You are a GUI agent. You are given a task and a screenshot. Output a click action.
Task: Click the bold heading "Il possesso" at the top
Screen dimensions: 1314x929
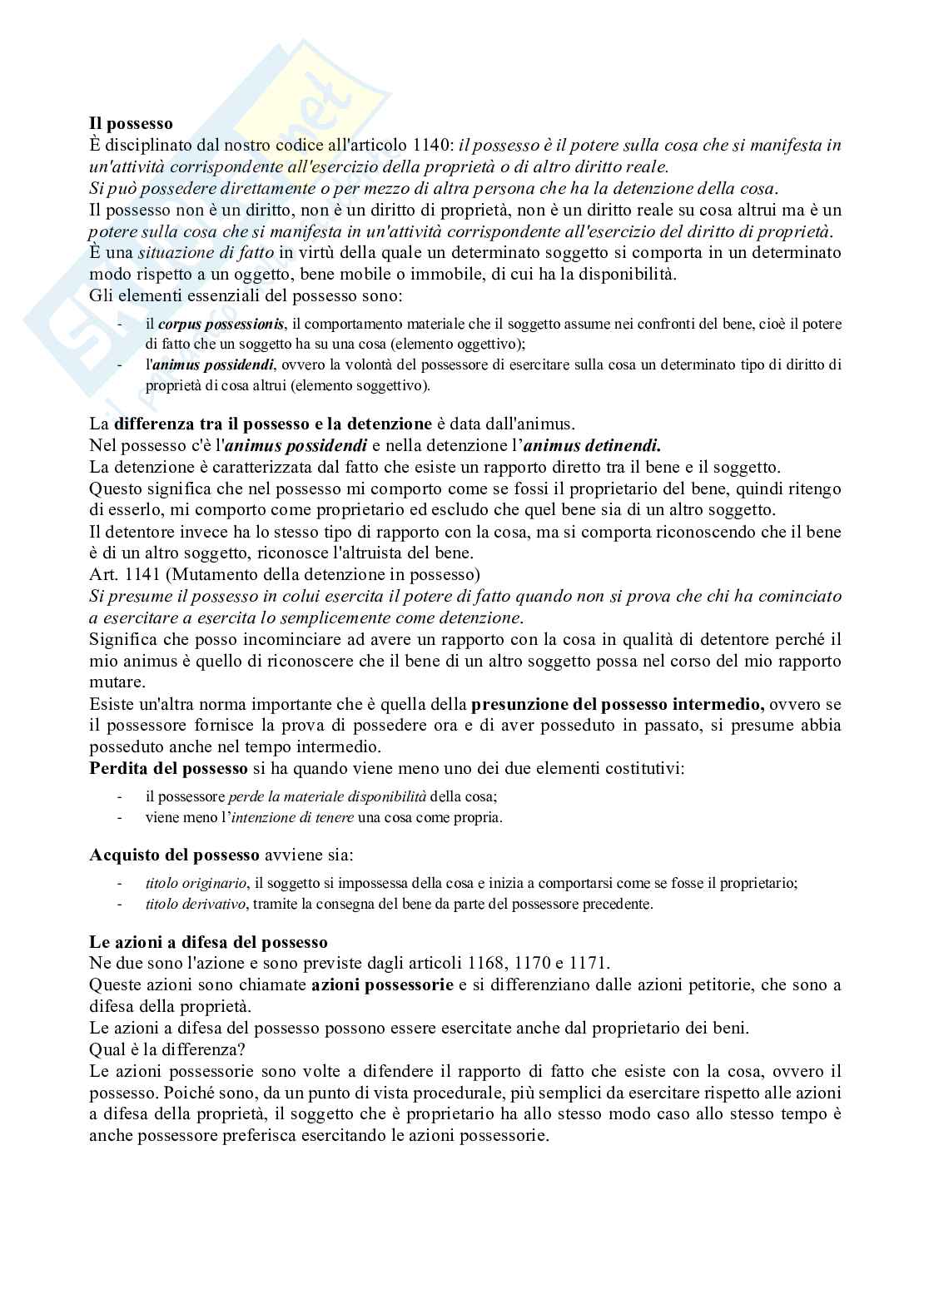pos(132,124)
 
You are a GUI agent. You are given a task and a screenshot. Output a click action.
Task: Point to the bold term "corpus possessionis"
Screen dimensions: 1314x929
pos(221,324)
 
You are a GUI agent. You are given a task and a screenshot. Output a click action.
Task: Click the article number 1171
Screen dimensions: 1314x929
pos(589,964)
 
